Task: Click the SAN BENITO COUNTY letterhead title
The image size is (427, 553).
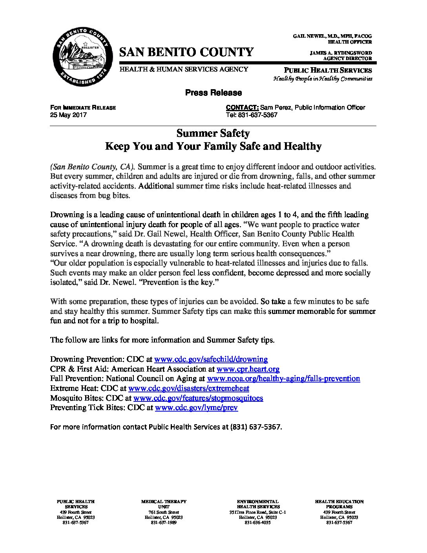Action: point(186,52)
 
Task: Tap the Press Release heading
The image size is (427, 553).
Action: point(213,93)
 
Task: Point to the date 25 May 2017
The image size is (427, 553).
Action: point(68,115)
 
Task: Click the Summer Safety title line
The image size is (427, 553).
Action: point(213,133)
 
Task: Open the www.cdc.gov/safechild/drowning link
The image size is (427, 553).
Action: point(211,359)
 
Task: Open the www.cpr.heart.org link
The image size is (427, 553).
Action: point(248,369)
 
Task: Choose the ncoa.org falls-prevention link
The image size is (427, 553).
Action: point(283,379)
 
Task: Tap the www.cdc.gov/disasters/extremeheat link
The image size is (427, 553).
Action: point(189,388)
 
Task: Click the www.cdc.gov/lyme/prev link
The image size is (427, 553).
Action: point(196,408)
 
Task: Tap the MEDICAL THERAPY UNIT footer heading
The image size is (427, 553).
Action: point(164,504)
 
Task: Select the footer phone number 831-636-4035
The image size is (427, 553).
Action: point(257,523)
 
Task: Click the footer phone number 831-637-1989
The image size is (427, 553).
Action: point(164,523)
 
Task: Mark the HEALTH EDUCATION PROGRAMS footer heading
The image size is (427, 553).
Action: point(339,504)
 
